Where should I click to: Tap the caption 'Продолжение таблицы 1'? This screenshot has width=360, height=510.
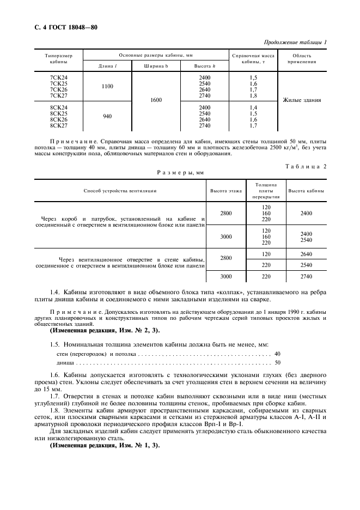[295, 42]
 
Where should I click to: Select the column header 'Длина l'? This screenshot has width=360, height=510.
[107, 66]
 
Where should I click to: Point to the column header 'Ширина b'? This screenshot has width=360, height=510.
[156, 66]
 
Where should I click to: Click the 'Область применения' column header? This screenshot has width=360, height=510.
[302, 59]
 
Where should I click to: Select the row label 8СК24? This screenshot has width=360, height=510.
[58, 108]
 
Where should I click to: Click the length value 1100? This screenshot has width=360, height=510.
[107, 86]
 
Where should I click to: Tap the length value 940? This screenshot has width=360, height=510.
[107, 116]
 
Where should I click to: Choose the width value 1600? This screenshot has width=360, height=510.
[156, 100]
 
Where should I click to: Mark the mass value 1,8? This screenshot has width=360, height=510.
[253, 96]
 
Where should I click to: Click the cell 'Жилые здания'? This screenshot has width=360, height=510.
[302, 100]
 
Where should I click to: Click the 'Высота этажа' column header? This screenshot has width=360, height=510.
[225, 191]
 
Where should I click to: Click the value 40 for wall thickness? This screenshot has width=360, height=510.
[278, 354]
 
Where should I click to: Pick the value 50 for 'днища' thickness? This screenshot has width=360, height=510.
[278, 362]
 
